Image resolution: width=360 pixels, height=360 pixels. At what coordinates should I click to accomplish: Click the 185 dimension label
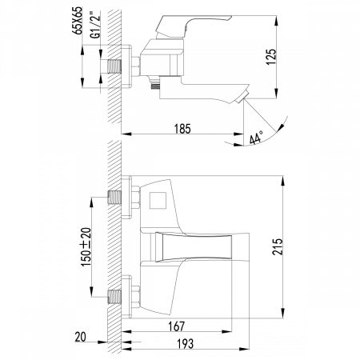tap(182, 126)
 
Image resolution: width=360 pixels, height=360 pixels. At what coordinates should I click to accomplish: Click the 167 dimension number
tap(176, 326)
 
